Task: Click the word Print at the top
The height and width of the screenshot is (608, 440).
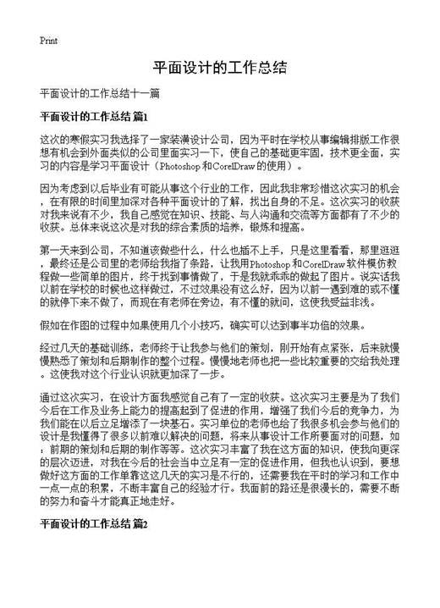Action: point(47,40)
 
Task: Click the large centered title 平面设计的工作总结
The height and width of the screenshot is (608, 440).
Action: point(220,68)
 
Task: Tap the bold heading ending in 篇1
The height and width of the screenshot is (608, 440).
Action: point(94,115)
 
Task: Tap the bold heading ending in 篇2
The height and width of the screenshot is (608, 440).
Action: point(94,549)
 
